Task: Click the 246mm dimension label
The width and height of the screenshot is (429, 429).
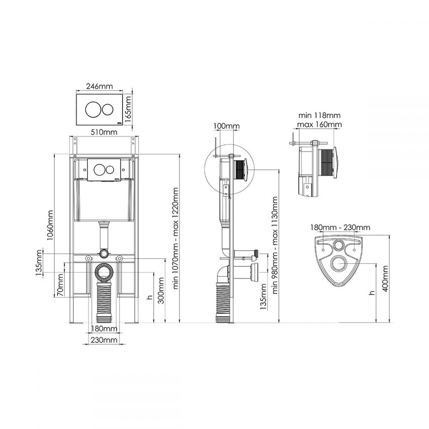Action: point(100,87)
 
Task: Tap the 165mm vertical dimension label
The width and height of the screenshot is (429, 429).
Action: point(128,106)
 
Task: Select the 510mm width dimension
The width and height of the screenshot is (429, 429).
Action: point(104,132)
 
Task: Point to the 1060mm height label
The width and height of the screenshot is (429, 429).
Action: point(50,225)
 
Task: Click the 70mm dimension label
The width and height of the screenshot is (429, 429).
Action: point(60,285)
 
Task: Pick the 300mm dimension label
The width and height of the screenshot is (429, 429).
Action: point(161,290)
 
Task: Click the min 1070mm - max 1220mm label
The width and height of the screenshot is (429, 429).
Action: point(175,238)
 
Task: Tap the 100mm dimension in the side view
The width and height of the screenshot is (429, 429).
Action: point(227,126)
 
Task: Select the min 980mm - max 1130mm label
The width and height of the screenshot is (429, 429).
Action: point(275,245)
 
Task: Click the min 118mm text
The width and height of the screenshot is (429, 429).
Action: point(319,115)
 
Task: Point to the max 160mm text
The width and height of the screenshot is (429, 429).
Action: point(319,124)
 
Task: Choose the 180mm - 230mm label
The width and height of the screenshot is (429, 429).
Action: point(340,227)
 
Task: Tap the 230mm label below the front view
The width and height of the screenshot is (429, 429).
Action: point(104,340)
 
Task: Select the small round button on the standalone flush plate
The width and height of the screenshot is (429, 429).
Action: point(108,109)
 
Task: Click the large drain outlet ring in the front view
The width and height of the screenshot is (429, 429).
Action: point(104,272)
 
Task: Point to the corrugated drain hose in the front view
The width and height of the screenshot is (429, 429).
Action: point(104,301)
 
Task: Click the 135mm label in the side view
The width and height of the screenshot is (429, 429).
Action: point(263,296)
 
